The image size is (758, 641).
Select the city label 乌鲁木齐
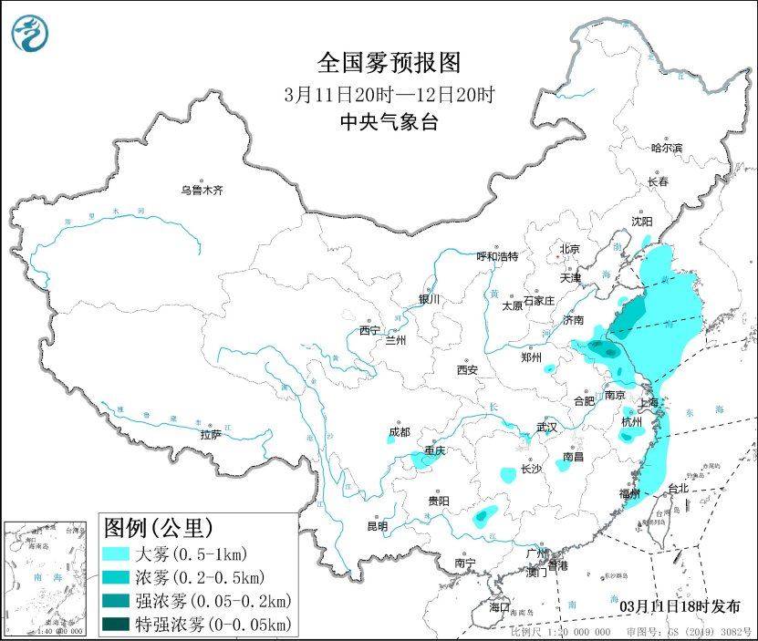coord(201,191)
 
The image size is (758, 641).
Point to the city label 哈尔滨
coord(666,147)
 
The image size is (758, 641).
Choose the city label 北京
coord(569,248)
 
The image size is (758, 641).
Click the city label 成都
coord(399,431)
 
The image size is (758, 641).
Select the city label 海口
coord(499,606)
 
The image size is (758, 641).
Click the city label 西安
coord(467,369)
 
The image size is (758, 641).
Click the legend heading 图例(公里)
coord(158,527)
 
